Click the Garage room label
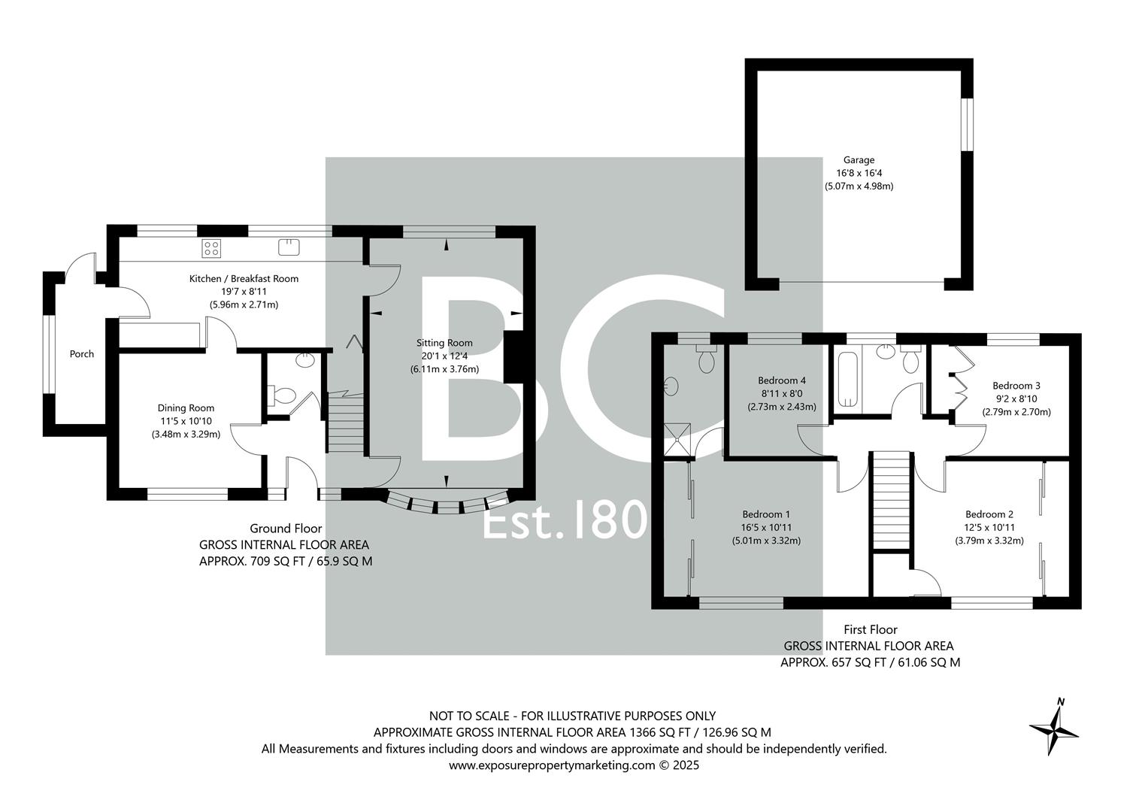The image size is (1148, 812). (859, 160)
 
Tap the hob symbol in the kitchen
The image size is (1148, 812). (211, 247)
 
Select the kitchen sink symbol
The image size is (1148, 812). (289, 247)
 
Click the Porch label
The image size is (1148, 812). (82, 354)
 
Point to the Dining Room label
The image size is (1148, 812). (186, 408)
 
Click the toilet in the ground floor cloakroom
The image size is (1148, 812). (283, 395)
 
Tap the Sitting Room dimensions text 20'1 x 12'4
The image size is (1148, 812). (444, 356)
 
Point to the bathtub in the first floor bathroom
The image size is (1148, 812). (846, 379)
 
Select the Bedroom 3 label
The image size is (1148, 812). (1016, 386)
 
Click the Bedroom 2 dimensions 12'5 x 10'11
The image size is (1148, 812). (989, 528)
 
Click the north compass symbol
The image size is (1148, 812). (1054, 727)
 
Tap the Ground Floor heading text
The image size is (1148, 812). (286, 529)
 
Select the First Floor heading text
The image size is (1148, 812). (870, 630)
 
